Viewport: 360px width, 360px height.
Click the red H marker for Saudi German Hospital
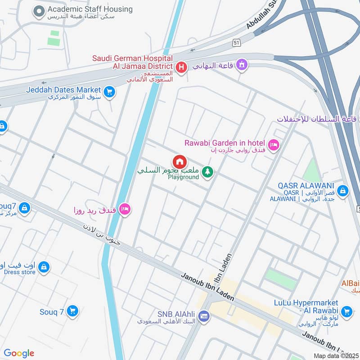tap(181, 67)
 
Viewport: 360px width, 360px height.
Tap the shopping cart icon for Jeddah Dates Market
tap(109, 92)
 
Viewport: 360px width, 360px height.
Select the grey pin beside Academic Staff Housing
tap(40, 11)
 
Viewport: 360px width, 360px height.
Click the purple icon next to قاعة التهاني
tap(242, 65)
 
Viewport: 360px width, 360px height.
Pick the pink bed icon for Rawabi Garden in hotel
tap(273, 145)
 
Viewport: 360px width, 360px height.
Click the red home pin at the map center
tap(180, 162)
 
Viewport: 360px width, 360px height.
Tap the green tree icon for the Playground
tap(207, 171)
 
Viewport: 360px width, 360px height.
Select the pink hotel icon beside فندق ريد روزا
tap(126, 209)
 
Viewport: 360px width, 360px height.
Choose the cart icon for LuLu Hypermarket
tap(346, 311)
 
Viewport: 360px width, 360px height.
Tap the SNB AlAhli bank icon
tap(204, 316)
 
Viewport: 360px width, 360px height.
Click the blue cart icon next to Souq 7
tap(72, 310)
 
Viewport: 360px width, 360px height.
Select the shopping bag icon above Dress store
tap(44, 267)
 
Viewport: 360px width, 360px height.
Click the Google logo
tap(19, 353)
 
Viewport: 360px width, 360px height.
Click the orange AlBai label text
tap(350, 283)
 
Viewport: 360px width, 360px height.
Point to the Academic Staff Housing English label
tap(90, 9)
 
